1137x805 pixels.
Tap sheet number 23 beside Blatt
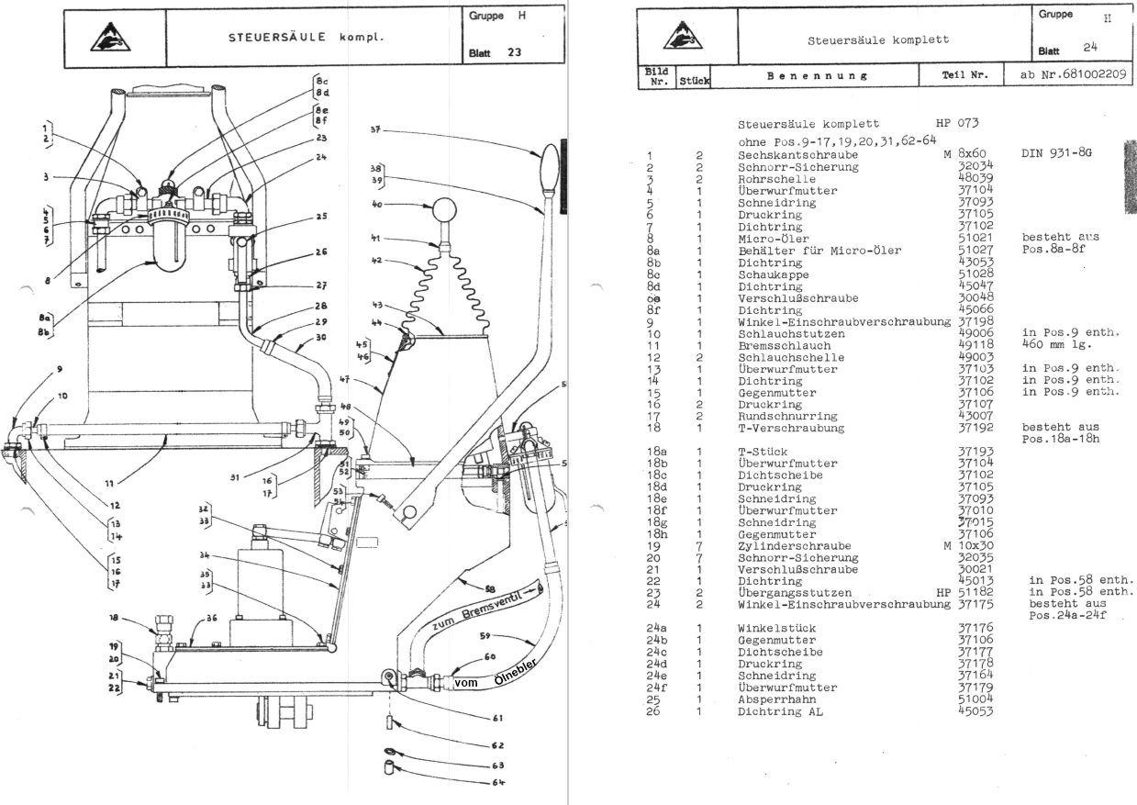pos(514,52)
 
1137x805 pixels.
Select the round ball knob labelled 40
pos(445,211)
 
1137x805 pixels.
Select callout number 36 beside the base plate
pos(211,619)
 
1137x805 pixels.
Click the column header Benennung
pos(818,76)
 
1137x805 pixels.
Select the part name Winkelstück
pos(775,628)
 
